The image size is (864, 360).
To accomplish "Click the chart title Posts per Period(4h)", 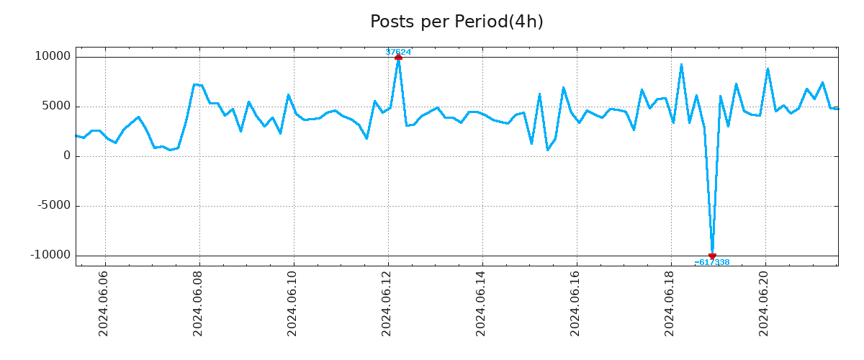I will [456, 22].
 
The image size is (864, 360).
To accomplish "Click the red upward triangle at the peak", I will [398, 57].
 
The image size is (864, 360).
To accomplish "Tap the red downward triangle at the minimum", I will [712, 256].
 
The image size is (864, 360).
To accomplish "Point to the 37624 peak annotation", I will [398, 52].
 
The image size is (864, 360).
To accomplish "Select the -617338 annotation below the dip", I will [712, 263].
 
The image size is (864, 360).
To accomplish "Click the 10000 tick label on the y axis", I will [52, 57].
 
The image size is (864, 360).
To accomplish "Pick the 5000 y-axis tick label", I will [55, 107].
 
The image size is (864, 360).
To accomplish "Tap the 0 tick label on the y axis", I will [67, 156].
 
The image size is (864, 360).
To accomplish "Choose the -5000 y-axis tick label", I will [53, 206].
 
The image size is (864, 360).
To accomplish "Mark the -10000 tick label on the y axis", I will [50, 256].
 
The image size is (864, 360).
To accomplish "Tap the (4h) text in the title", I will [526, 22].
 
